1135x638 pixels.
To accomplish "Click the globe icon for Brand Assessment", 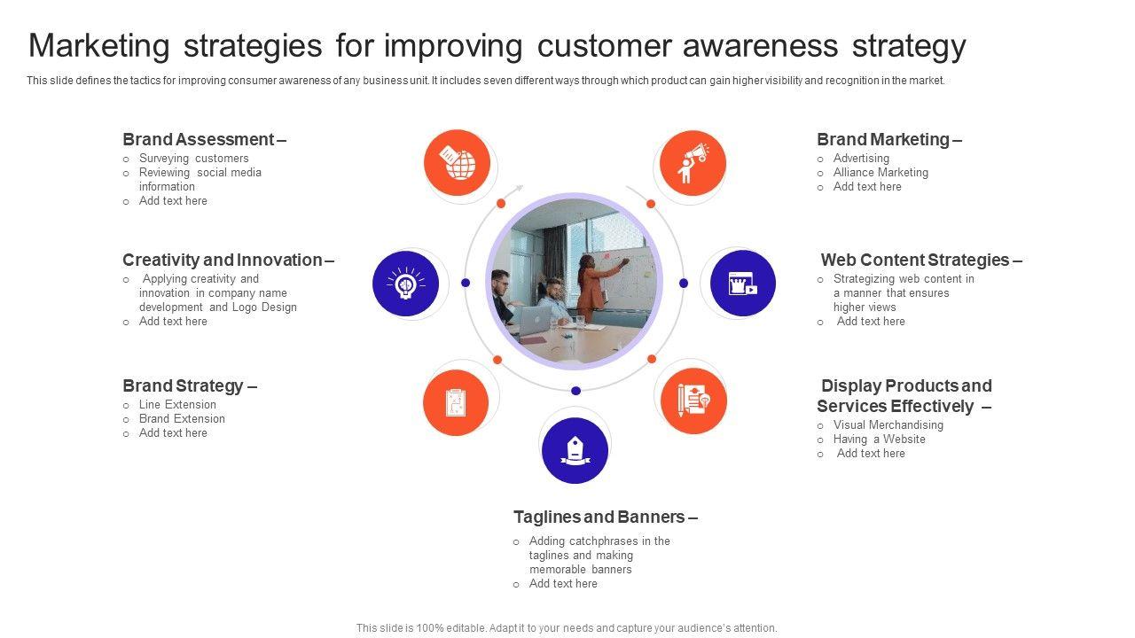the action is [x=457, y=163].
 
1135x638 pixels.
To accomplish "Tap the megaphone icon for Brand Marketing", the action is [x=693, y=163].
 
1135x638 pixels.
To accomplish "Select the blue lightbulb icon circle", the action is [x=405, y=284].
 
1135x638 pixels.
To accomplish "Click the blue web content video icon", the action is [x=743, y=283].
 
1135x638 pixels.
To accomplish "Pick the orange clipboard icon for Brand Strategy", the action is [x=456, y=402].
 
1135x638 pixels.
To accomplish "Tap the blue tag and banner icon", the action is [x=575, y=450].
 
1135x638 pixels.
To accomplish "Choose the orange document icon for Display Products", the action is [x=693, y=401].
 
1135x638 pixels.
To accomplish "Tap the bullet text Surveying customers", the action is [x=193, y=158].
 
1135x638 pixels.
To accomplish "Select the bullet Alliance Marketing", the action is [x=881, y=172].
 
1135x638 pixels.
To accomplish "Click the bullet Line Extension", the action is [x=177, y=405].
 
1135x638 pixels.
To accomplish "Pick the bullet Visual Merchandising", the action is [x=888, y=424].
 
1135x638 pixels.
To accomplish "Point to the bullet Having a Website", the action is [x=879, y=439].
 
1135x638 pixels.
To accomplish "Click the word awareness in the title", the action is [x=760, y=45].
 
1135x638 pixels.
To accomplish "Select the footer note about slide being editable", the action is [x=567, y=628].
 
